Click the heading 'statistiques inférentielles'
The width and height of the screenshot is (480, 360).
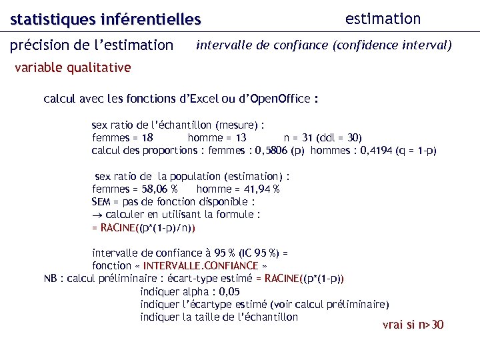click(x=105, y=19)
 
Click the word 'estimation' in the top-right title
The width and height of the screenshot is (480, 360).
click(x=383, y=19)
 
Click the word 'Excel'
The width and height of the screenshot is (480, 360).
click(x=204, y=99)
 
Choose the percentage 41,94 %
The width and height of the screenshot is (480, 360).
click(x=257, y=189)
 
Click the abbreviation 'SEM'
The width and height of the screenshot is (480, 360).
click(x=101, y=201)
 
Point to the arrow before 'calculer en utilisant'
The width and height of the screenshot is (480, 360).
click(x=97, y=215)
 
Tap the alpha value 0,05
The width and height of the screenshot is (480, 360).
click(x=228, y=291)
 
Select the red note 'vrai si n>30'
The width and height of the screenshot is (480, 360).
click(x=413, y=325)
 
